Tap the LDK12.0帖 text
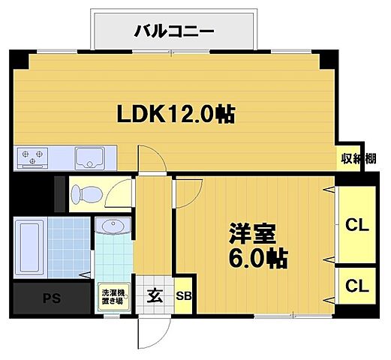coord(174,114)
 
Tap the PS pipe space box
coord(51,298)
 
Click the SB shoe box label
coord(183,295)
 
